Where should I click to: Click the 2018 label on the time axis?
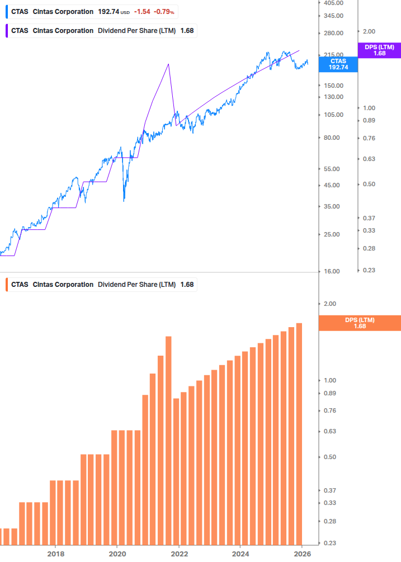pyautogui.click(x=55, y=554)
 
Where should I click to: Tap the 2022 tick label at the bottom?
pyautogui.click(x=179, y=554)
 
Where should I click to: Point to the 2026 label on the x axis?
pyautogui.click(x=301, y=554)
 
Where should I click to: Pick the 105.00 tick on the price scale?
pyautogui.click(x=334, y=115)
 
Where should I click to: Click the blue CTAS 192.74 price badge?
pyautogui.click(x=338, y=64)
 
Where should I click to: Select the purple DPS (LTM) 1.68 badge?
pyautogui.click(x=379, y=50)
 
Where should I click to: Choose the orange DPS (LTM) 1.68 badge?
pyautogui.click(x=359, y=323)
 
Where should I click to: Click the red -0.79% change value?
pyautogui.click(x=164, y=11)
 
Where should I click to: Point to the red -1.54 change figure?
pyautogui.click(x=142, y=11)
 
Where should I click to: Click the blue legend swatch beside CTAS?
pyautogui.click(x=7, y=11)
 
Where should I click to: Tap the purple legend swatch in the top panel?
pyautogui.click(x=7, y=30)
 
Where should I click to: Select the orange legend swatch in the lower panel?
pyautogui.click(x=7, y=284)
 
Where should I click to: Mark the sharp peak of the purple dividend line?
pyautogui.click(x=168, y=64)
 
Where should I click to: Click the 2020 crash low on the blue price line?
pyautogui.click(x=124, y=200)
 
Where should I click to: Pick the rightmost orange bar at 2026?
pyautogui.click(x=299, y=434)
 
